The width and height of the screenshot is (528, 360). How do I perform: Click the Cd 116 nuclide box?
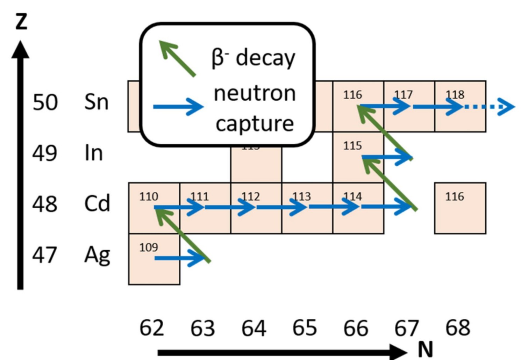[460, 208]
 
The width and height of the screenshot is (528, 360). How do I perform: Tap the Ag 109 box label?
[149, 247]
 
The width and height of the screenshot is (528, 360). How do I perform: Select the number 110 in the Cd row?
[149, 196]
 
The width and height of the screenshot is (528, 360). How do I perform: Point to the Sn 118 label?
[455, 95]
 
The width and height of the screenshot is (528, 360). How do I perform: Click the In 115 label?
[352, 145]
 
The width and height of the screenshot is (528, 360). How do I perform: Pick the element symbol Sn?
[96, 102]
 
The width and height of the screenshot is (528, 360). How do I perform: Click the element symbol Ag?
[97, 255]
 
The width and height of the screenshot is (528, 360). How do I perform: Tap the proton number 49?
[45, 153]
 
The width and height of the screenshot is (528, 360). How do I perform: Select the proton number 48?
[45, 204]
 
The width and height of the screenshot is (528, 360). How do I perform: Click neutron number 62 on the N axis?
[151, 328]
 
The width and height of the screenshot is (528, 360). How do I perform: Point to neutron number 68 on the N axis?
[457, 328]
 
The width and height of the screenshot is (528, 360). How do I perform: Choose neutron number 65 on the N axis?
[305, 328]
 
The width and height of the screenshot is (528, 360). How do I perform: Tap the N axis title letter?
[425, 348]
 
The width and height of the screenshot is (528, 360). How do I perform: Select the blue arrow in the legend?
[178, 106]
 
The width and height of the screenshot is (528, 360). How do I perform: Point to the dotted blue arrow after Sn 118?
[490, 107]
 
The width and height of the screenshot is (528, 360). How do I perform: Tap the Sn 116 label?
[352, 95]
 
